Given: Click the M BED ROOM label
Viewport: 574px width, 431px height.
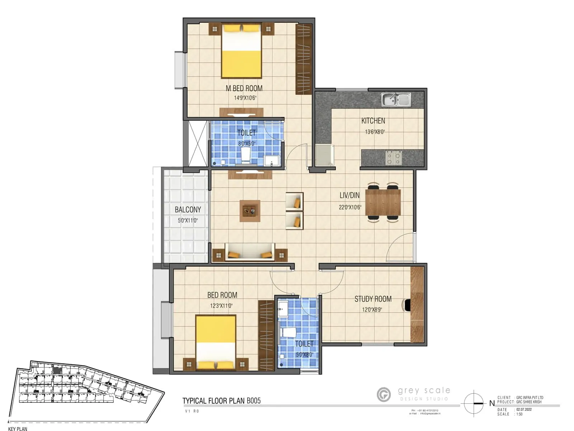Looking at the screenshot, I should click(244, 88).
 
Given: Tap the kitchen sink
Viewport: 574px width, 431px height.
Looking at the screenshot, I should click(396, 99).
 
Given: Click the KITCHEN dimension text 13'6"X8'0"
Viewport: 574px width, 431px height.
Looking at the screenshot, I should click(375, 132).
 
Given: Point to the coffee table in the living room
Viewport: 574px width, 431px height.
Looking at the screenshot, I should click(250, 211).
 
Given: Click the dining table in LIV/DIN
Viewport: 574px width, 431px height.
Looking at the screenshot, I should click(383, 202).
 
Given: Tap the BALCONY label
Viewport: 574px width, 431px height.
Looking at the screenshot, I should click(188, 210).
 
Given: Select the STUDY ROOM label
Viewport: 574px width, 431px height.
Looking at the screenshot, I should click(373, 299).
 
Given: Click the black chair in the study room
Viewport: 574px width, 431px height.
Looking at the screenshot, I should click(407, 305).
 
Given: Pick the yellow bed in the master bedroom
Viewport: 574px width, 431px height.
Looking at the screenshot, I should click(241, 51).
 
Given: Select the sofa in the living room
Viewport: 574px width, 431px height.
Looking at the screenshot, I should click(250, 252).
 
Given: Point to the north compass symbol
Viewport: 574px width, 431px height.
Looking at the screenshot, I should click(474, 403).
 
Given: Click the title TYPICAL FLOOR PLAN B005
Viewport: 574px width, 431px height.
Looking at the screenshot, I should click(221, 401).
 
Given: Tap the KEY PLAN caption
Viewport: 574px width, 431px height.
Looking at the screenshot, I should click(18, 428).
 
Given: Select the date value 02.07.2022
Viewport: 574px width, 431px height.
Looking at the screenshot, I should click(524, 409).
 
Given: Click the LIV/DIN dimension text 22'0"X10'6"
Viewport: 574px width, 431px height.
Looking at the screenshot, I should click(350, 207).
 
